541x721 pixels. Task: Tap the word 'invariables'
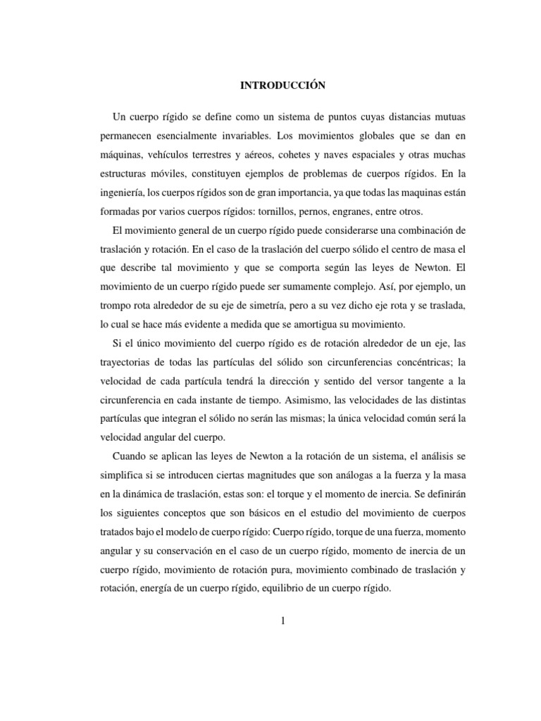click(251, 134)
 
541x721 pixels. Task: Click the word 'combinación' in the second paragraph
click(420, 230)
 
